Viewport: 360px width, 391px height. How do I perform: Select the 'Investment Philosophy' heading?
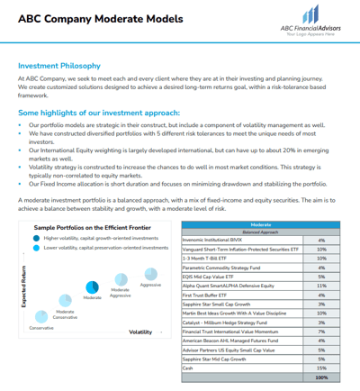61,66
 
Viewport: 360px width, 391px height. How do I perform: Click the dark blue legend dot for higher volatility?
36,239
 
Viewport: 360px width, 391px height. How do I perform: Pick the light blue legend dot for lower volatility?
36,248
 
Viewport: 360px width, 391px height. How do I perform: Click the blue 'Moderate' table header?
260,223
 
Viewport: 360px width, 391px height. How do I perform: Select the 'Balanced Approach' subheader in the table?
260,231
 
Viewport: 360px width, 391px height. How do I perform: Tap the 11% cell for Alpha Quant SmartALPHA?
321,285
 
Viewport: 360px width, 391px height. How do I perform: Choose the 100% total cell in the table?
321,377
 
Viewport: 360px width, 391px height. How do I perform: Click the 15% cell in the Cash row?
321,368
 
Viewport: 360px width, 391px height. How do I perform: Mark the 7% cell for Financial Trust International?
321,331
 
